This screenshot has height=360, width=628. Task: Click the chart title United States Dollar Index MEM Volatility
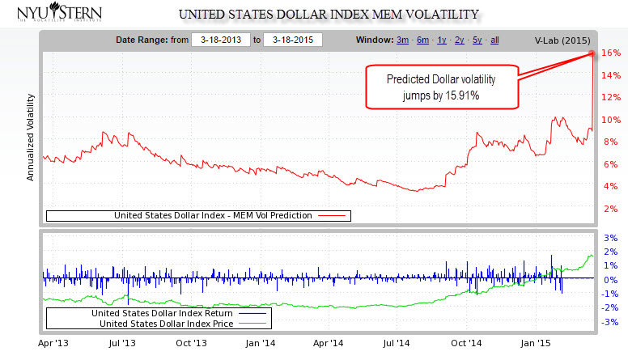[x=328, y=15]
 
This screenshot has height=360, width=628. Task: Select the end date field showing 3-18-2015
[x=294, y=40]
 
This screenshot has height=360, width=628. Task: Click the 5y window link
[x=478, y=40]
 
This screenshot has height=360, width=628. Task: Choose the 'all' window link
[x=494, y=40]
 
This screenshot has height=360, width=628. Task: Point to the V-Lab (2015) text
[x=562, y=40]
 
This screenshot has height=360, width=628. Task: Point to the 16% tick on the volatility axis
[x=611, y=53]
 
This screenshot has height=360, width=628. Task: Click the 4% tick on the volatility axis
[x=611, y=186]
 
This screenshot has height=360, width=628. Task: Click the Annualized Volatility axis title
[x=31, y=137]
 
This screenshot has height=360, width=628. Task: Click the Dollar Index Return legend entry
[x=162, y=313]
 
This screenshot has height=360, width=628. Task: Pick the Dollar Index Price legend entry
[x=165, y=324]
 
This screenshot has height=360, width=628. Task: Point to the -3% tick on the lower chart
[x=611, y=322]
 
